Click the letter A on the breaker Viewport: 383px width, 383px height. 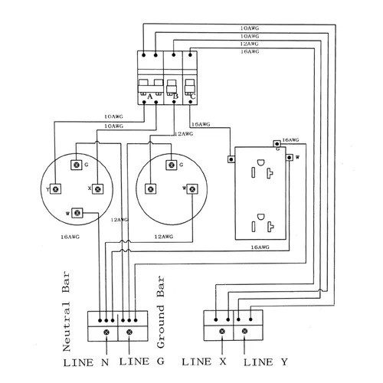tap(150, 97)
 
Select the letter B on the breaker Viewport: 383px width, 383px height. tap(175, 97)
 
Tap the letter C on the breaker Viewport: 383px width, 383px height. tap(193, 97)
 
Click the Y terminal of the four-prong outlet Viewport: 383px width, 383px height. tap(56, 189)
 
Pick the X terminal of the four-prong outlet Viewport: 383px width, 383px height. tap(98, 189)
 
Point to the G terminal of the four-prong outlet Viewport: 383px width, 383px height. tap(77, 165)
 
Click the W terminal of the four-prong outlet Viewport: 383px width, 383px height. tap(77, 213)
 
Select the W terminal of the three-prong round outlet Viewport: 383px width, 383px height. tap(192, 189)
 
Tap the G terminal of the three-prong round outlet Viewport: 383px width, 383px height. tap(172, 165)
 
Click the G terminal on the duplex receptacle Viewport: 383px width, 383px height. tap(277, 144)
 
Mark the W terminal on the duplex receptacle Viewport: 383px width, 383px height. tap(290, 158)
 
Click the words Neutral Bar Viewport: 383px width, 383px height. tap(66, 312)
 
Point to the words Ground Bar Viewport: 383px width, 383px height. tap(161, 312)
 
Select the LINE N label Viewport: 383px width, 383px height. tap(86, 362)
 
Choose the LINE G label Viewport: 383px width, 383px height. tap(142, 362)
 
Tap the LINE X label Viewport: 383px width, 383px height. tap(204, 362)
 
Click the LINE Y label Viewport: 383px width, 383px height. tap(266, 362)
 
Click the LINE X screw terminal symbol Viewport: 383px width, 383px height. tap(222, 332)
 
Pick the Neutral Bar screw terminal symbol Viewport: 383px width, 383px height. tap(106, 332)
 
